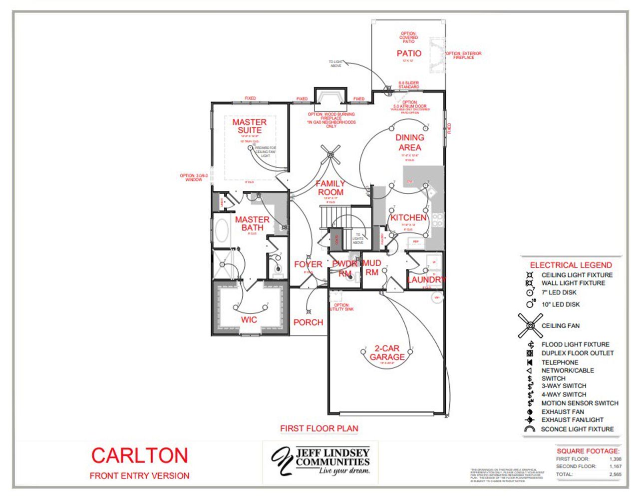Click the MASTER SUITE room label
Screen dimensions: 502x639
249,126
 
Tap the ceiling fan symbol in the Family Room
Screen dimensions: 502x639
330,155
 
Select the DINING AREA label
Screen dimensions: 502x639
410,142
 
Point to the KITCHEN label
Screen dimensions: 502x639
408,217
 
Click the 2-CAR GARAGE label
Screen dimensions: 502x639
387,352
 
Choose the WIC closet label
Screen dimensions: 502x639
249,320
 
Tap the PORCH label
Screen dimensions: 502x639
308,322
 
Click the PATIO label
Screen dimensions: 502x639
409,53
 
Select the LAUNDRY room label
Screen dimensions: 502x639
426,279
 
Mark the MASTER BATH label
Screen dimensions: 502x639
252,223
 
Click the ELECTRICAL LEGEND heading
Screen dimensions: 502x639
571,265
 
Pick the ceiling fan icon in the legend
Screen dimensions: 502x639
530,325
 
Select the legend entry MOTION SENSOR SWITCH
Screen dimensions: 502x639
580,403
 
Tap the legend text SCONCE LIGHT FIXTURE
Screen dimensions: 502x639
577,429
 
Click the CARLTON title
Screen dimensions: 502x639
139,455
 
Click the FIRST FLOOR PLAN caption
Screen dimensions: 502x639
319,428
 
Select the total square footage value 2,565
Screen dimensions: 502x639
615,474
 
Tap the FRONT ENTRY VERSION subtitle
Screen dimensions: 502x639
139,475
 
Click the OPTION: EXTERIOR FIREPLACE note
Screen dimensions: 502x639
463,55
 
